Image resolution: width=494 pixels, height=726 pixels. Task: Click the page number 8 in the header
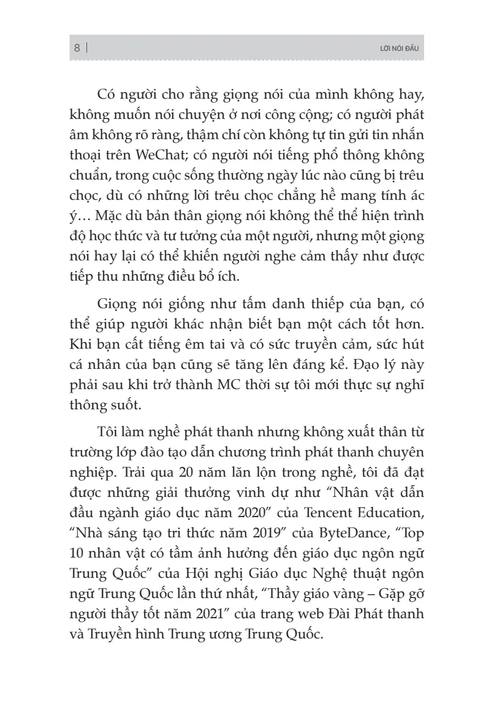(x=77, y=48)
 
